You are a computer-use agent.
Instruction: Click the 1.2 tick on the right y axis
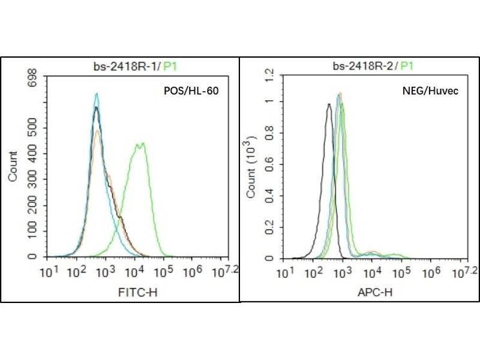pyautogui.click(x=268, y=75)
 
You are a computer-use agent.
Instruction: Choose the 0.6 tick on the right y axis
pyautogui.click(x=268, y=166)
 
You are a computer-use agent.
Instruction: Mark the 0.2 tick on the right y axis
pyautogui.click(x=268, y=227)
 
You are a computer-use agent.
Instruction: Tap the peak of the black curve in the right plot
pyautogui.click(x=328, y=104)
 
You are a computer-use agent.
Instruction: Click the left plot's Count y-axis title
pyautogui.click(x=12, y=167)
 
